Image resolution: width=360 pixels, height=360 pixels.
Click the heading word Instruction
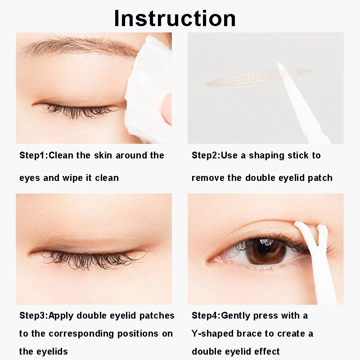point(175,18)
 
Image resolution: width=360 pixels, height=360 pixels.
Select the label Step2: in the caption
point(206,155)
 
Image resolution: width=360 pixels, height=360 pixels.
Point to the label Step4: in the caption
point(206,316)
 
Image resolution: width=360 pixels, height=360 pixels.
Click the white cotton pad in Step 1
point(149,90)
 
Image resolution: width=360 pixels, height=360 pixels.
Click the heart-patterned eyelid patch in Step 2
point(259,77)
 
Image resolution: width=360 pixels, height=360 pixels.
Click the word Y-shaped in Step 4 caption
point(212,334)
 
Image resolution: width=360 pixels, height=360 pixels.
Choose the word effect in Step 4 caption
point(267,351)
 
